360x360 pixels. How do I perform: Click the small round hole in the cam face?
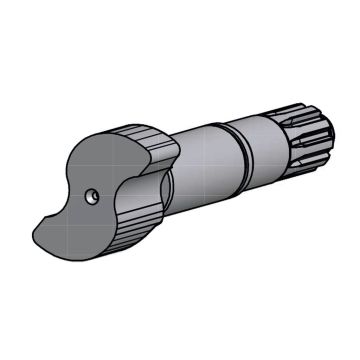click(x=93, y=197)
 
